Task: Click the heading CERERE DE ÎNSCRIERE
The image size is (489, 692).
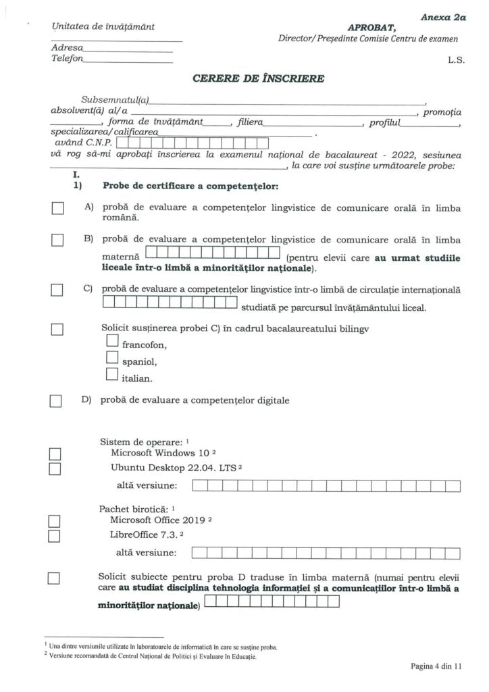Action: point(258,78)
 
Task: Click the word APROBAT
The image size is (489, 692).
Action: point(371,28)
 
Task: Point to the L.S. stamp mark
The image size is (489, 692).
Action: point(456,60)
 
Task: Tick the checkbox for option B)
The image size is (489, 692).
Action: point(57,240)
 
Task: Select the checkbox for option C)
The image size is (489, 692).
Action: point(57,290)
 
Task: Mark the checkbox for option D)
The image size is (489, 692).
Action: point(56,401)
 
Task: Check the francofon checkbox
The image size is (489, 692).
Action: point(112,343)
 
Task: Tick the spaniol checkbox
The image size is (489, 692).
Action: point(112,359)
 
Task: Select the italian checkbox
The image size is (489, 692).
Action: point(112,375)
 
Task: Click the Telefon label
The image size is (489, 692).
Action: point(67,59)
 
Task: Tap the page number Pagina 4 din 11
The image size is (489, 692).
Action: point(436,666)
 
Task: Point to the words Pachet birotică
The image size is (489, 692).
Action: point(133,508)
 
